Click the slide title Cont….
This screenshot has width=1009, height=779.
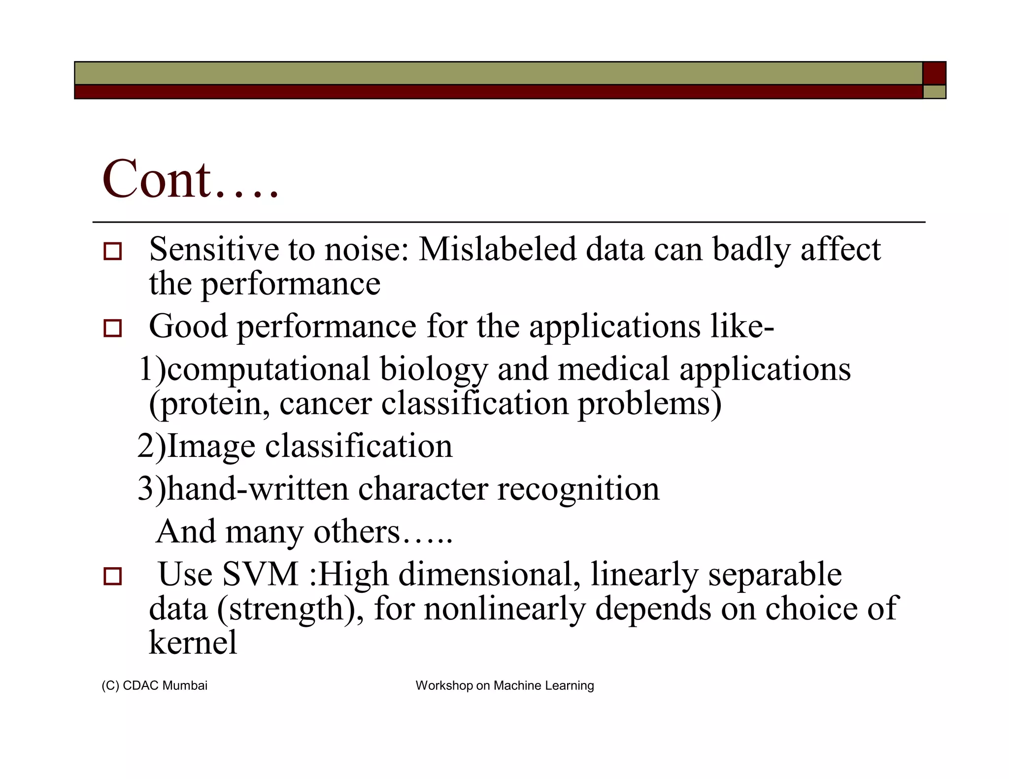point(190,180)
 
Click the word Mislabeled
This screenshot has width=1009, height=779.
point(497,250)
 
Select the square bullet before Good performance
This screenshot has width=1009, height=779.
point(113,328)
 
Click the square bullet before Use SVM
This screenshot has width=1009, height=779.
point(113,576)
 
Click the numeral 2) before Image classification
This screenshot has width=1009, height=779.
point(152,447)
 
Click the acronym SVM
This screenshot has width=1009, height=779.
point(261,575)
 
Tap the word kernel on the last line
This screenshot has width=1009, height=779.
point(193,643)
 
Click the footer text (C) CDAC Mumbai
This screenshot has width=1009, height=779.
point(154,685)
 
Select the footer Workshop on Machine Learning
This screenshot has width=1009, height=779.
point(504,685)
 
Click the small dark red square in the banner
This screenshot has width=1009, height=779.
point(934,73)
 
